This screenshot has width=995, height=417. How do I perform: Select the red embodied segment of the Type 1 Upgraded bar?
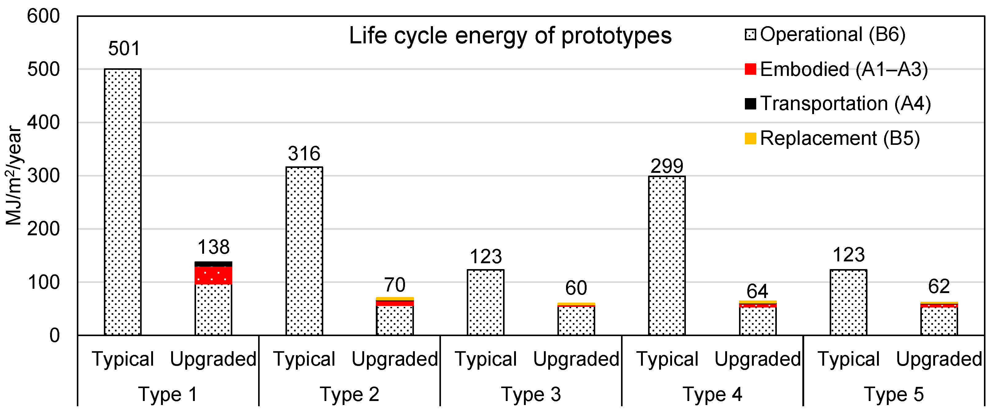click(214, 275)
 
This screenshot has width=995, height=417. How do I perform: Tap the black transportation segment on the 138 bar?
click(214, 264)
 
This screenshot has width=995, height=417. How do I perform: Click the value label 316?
click(304, 153)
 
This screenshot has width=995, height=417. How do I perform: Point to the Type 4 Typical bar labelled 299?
click(667, 255)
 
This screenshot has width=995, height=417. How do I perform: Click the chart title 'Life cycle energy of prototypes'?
click(510, 36)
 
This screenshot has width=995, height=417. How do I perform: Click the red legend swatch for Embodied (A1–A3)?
click(750, 69)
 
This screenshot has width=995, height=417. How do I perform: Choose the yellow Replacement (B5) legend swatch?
click(750, 138)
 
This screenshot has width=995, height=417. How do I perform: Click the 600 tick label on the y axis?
click(43, 16)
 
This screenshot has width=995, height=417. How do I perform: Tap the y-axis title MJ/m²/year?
click(14, 176)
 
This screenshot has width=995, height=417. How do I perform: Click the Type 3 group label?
click(531, 395)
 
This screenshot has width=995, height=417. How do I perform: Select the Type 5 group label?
click(894, 395)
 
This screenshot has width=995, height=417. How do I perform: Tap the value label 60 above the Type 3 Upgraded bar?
click(576, 288)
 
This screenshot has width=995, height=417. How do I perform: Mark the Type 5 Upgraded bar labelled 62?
click(939, 319)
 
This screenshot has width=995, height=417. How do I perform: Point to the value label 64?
click(757, 291)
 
